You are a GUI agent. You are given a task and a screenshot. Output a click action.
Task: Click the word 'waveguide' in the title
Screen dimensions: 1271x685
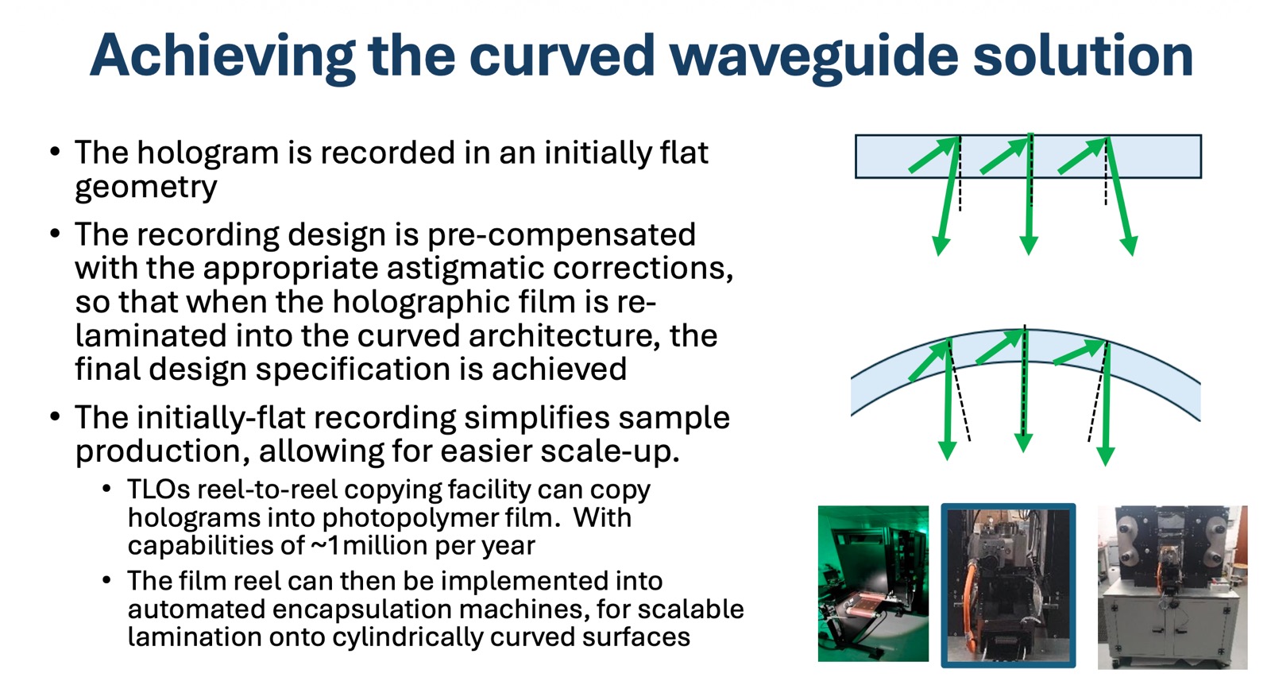[x=814, y=56]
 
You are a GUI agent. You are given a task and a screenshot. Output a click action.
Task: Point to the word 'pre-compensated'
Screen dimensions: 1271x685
[x=561, y=235]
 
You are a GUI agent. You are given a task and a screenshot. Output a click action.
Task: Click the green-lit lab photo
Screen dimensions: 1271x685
[x=873, y=583]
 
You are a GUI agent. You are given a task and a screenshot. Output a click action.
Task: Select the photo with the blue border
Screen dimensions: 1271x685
[x=1008, y=585]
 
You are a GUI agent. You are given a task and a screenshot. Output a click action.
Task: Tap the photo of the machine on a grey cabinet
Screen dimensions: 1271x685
[x=1172, y=586]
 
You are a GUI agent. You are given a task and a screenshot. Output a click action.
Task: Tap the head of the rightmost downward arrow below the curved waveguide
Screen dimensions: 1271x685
[x=1105, y=455]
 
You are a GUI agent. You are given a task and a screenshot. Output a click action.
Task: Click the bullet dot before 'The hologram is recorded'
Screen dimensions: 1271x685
[x=55, y=152]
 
